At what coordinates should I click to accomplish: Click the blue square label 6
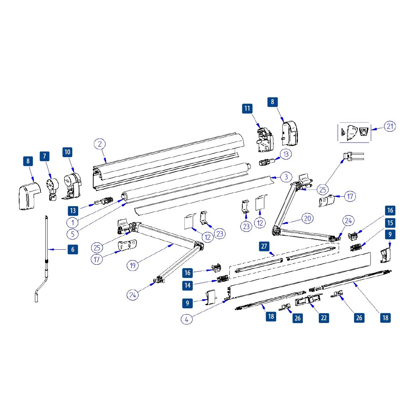(73, 249)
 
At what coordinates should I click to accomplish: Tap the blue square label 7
(44, 156)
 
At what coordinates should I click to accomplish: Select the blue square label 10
(67, 152)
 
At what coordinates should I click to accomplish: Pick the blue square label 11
(247, 108)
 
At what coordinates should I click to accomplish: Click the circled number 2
(100, 144)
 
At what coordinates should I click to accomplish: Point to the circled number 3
(286, 177)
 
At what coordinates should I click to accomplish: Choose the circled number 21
(390, 126)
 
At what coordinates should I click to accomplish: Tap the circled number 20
(307, 219)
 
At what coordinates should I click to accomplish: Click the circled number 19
(132, 265)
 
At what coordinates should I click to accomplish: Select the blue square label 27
(264, 246)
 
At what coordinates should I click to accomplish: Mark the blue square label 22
(324, 318)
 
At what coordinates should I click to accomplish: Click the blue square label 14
(188, 285)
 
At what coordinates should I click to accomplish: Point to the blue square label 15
(390, 222)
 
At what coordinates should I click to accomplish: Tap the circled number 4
(187, 319)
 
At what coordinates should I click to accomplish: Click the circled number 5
(73, 234)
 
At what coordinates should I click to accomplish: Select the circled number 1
(73, 222)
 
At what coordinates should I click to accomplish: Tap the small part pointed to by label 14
(223, 279)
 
